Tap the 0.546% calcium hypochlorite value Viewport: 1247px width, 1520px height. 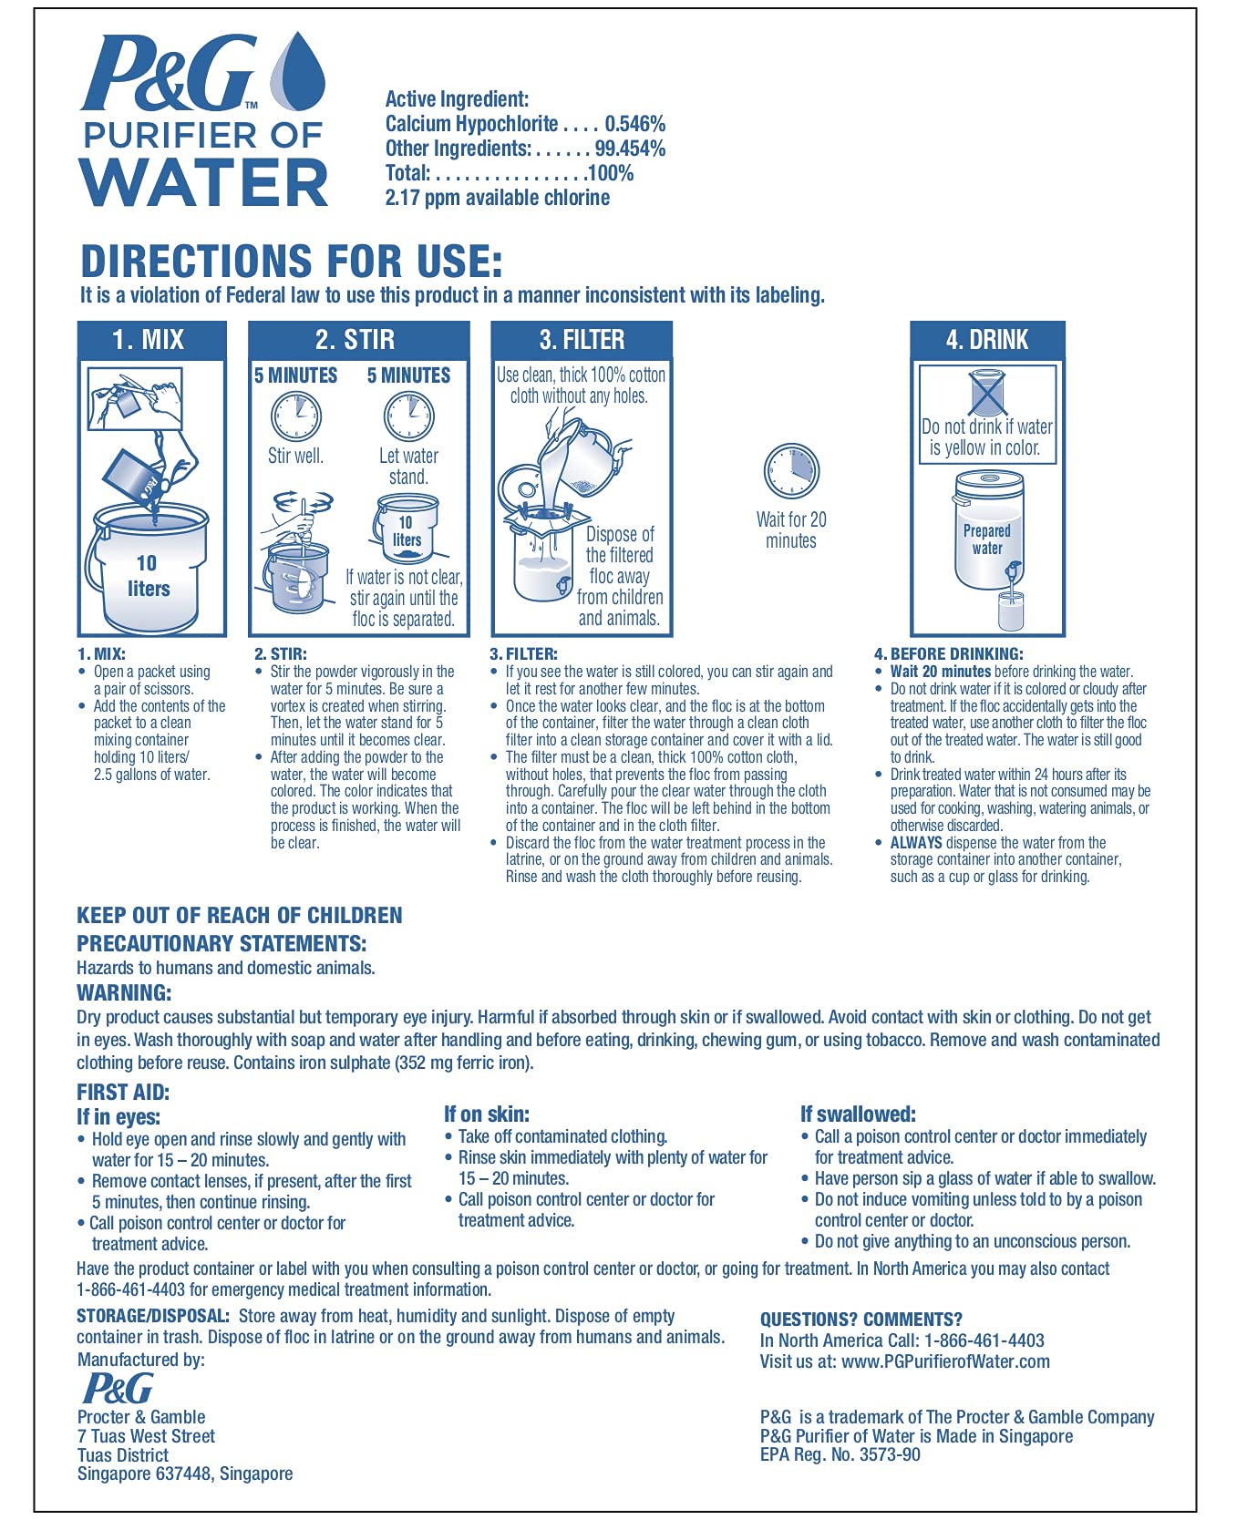(x=634, y=124)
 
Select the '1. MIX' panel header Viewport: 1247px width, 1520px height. (x=149, y=340)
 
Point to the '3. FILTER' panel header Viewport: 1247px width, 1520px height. (x=582, y=340)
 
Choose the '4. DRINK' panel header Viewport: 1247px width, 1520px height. (x=987, y=340)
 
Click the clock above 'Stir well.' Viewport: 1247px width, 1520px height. (x=296, y=416)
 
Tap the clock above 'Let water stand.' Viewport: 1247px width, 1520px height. (x=408, y=416)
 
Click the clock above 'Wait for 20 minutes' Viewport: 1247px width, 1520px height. (x=791, y=471)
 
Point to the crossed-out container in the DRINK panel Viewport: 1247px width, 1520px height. (x=986, y=393)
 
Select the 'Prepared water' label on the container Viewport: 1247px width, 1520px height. (x=987, y=539)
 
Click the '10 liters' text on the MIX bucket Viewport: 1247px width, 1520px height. (x=148, y=576)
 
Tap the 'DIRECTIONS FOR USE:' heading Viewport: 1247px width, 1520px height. (x=292, y=262)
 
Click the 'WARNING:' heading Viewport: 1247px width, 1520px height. (x=124, y=992)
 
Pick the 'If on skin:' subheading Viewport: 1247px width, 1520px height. (x=487, y=1114)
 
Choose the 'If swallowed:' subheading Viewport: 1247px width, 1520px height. (x=858, y=1114)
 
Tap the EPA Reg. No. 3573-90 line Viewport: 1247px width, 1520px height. (x=840, y=1454)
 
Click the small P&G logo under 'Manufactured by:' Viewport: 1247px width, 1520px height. (x=118, y=1388)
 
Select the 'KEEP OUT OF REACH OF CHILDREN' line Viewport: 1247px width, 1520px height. (x=239, y=916)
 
